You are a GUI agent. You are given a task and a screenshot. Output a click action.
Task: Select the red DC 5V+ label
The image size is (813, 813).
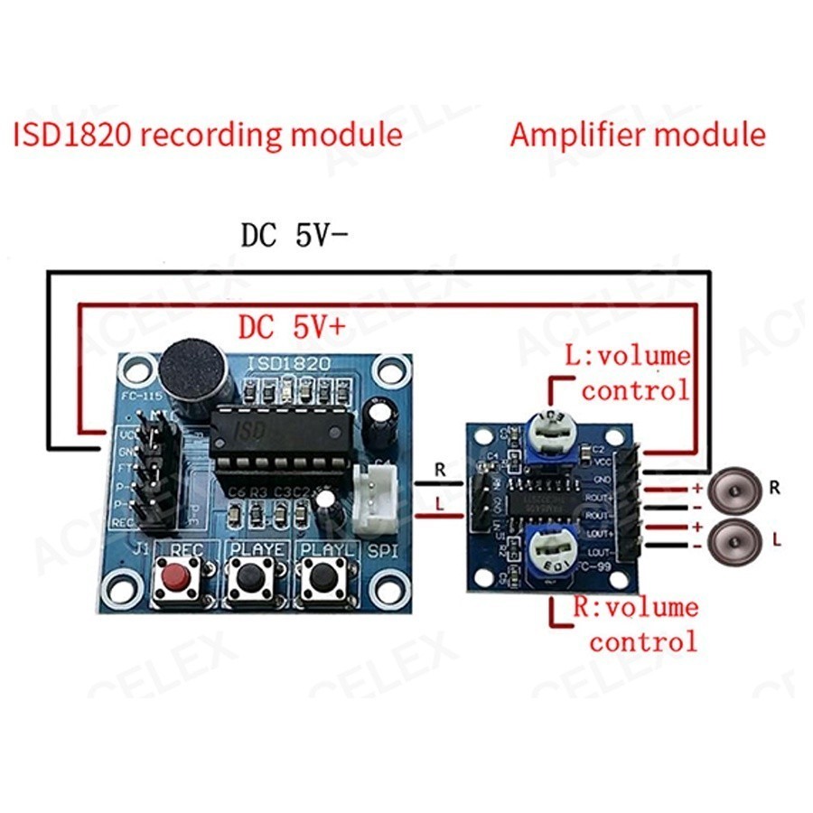point(291,327)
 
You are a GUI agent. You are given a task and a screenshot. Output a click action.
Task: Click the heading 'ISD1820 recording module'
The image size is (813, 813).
point(208,135)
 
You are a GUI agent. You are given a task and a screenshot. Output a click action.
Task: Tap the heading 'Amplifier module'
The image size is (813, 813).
point(638,135)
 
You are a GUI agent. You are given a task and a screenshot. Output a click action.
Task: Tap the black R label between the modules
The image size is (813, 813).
point(439,471)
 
